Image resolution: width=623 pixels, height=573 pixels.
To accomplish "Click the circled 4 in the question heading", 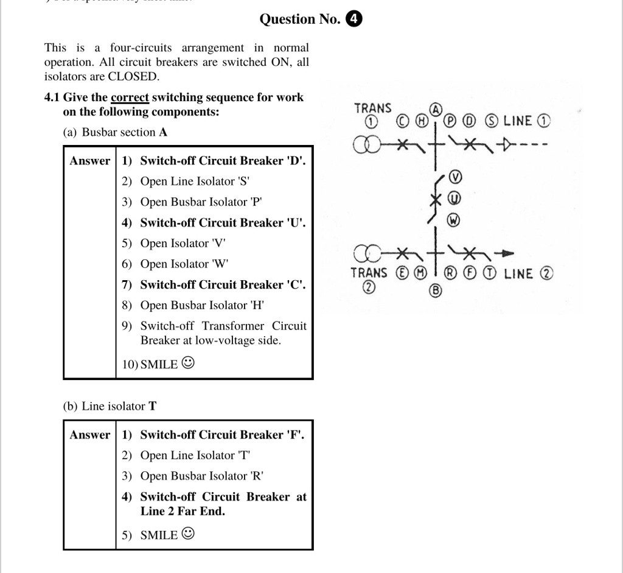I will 353,19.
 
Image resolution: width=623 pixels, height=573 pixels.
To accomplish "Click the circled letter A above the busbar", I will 436,110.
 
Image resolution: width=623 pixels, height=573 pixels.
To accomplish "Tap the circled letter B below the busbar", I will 435,291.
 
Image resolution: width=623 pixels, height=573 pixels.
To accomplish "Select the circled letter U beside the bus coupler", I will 454,199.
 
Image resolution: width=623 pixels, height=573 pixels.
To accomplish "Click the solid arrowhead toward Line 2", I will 506,253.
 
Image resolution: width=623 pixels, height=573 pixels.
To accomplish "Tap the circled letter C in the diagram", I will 402,121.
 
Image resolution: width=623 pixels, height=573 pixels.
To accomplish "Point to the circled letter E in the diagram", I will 402,273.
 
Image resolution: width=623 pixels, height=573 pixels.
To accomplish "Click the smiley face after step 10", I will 189,364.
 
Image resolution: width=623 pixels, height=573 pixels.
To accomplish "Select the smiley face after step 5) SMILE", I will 189,534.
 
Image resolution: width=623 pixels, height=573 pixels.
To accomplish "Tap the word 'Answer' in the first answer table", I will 90,161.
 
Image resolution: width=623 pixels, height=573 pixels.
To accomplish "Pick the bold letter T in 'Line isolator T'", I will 152,406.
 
